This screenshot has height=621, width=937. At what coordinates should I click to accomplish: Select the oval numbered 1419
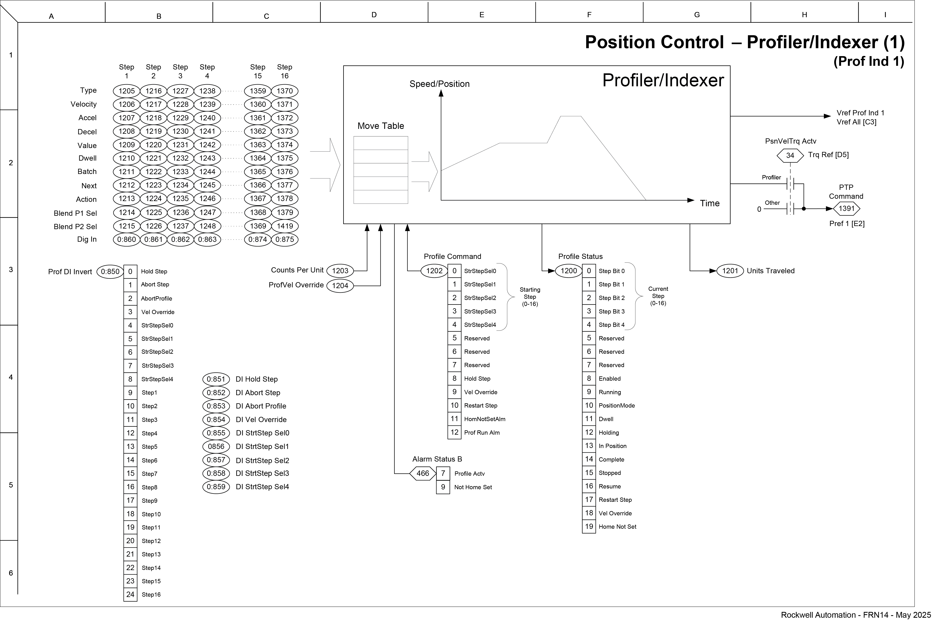click(x=285, y=226)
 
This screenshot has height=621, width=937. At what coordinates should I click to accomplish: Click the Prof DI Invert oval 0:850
click(x=110, y=272)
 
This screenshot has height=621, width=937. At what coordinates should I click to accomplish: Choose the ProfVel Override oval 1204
click(x=340, y=286)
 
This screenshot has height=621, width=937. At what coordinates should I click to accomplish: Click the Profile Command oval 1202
click(x=434, y=271)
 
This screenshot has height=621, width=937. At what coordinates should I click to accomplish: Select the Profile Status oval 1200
click(x=569, y=271)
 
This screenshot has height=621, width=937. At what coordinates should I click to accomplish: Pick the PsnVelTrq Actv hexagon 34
click(x=790, y=155)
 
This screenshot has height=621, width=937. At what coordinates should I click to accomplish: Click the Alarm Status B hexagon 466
click(x=423, y=473)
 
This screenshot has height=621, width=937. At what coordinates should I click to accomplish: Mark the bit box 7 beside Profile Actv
click(x=443, y=473)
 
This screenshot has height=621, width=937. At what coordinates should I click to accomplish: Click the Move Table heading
click(x=381, y=126)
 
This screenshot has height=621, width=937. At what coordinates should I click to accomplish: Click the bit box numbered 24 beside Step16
click(x=130, y=594)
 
